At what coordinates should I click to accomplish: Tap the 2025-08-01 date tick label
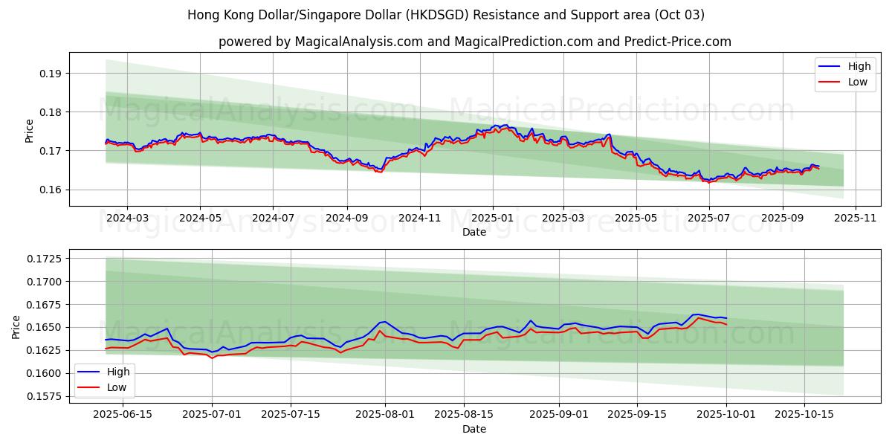pos(385,415)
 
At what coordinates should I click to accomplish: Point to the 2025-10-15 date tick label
pos(804,415)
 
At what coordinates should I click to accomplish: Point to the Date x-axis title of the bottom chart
pos(474,429)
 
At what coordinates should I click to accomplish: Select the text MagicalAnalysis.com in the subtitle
pos(358,42)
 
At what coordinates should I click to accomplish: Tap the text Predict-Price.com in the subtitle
pos(679,42)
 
